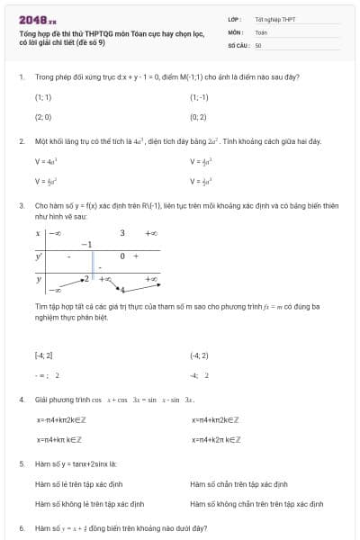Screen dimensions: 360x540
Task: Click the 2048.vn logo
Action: [37, 19]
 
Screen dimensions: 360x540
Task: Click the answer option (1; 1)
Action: [43, 97]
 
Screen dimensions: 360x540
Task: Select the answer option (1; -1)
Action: [199, 97]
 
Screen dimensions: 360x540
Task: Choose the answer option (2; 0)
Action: [43, 117]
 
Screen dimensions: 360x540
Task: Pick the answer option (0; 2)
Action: [199, 117]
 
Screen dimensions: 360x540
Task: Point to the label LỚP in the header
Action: [233, 19]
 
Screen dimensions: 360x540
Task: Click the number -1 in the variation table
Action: [86, 244]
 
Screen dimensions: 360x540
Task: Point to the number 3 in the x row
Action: [122, 233]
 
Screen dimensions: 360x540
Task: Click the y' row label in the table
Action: [39, 256]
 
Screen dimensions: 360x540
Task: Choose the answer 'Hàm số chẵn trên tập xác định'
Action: [239, 484]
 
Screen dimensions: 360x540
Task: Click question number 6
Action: [21, 528]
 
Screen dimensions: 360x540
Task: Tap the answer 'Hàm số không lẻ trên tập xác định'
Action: [89, 504]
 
